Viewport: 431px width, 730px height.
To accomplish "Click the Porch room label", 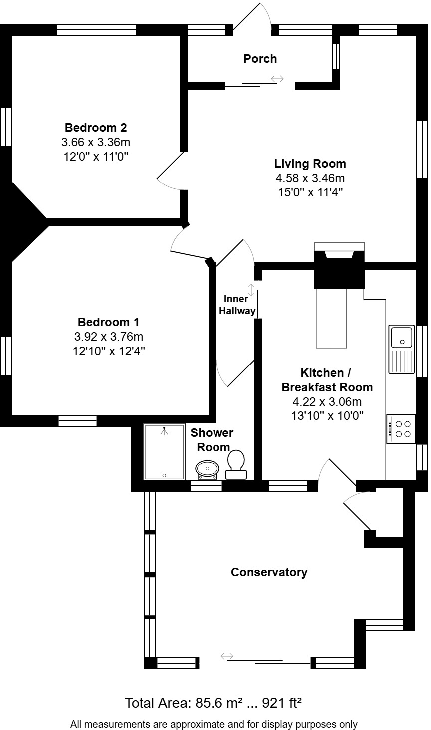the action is coord(260,59).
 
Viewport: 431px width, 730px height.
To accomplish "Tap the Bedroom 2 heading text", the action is coord(96,128).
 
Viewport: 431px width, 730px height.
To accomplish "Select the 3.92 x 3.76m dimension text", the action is coord(109,336).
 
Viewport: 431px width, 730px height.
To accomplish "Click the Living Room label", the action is coord(310,163).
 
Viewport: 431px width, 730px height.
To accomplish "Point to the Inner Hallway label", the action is coord(237,305).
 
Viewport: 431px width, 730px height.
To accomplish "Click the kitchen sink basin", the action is coord(402,337).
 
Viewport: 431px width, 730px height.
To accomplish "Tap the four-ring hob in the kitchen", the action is coord(401,429).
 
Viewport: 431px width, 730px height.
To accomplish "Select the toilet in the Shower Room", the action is coord(236,464).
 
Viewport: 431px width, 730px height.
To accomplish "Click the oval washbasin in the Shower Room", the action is coord(207,469).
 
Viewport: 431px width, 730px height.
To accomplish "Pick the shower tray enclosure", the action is coord(164,451).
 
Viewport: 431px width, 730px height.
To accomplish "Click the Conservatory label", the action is coord(269,572).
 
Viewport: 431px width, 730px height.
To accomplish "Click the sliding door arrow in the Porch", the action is coord(277,79).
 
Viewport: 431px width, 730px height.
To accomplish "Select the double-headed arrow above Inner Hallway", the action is coord(251,290).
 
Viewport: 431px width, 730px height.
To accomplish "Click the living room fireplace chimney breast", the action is coord(339,269).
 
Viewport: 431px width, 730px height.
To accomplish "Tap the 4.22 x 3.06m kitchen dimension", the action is coord(327,401).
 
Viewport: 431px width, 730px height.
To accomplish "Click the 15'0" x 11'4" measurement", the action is coord(310,192).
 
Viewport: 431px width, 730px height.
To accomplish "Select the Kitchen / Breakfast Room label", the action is coord(327,380).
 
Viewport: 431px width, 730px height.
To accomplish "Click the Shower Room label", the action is coord(212,440).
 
